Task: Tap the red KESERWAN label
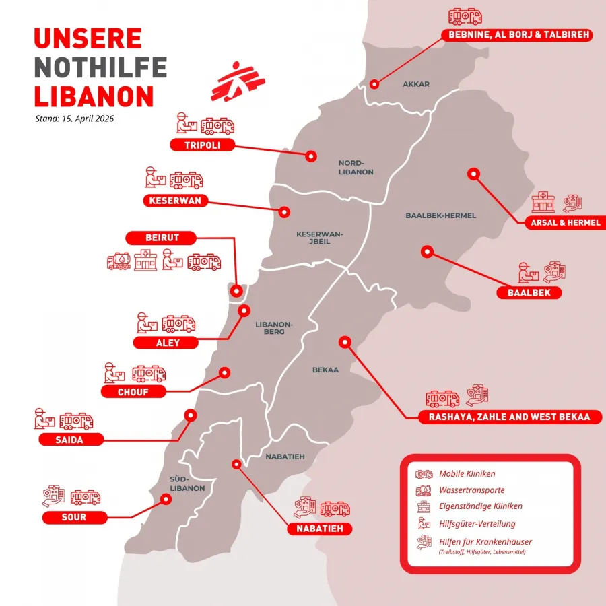[x=176, y=200]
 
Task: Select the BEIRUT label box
[x=161, y=237]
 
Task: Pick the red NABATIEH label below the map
[x=320, y=529]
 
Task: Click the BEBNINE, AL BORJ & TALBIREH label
[x=516, y=35]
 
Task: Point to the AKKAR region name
[x=415, y=84]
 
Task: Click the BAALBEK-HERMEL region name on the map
[x=440, y=215]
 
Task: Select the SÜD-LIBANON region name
[x=182, y=483]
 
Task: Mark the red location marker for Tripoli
[x=310, y=156]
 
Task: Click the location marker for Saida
[x=191, y=415]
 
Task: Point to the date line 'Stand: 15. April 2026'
[x=74, y=119]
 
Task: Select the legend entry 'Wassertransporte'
[x=471, y=490]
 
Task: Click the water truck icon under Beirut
[x=119, y=262]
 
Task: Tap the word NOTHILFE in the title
[x=100, y=67]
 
